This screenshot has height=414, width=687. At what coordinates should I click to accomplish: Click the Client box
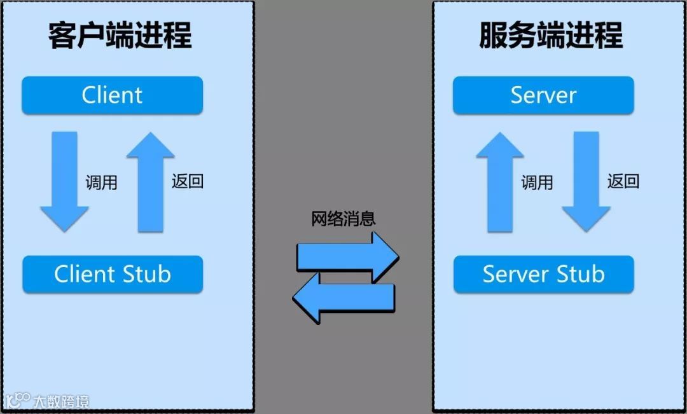[x=112, y=95]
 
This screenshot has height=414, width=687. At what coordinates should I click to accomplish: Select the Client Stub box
[x=112, y=274]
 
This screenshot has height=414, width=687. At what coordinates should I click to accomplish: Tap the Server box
[x=543, y=95]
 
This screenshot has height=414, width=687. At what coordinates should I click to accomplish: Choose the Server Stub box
[x=543, y=274]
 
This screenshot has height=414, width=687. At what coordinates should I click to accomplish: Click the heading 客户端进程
[x=120, y=35]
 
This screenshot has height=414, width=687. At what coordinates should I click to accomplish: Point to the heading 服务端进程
[x=551, y=35]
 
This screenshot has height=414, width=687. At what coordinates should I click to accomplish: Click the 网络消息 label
[x=343, y=219]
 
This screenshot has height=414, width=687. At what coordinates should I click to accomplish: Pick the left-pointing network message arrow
[x=343, y=298]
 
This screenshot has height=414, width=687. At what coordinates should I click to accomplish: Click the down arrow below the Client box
[x=64, y=181]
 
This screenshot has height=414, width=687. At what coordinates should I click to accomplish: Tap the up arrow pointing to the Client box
[x=151, y=181]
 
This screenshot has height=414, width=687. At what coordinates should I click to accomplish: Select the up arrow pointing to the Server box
[x=500, y=181]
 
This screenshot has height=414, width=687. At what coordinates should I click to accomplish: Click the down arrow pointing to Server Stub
[x=586, y=181]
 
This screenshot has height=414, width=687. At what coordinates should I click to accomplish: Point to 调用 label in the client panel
[x=102, y=183]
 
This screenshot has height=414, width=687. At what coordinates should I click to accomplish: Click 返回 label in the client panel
[x=188, y=181]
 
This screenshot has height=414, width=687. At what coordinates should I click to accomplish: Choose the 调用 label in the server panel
[x=538, y=183]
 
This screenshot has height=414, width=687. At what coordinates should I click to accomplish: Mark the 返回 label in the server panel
[x=623, y=181]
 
